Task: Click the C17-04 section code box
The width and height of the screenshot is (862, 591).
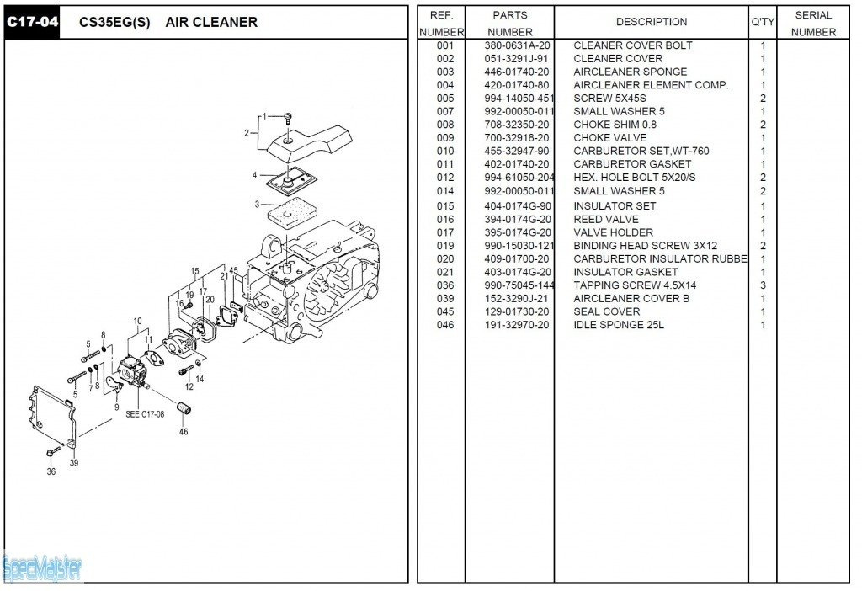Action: (x=33, y=22)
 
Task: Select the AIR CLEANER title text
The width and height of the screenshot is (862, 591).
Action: (x=211, y=22)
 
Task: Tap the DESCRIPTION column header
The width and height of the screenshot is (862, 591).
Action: (x=651, y=22)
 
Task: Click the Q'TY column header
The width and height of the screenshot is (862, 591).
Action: (x=763, y=22)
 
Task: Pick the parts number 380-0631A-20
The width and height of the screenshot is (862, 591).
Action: (x=517, y=45)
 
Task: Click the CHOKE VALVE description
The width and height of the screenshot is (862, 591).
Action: (x=609, y=138)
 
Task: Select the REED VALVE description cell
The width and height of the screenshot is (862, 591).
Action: (x=605, y=220)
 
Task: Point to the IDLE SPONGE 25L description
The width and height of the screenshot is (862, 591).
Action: (x=618, y=325)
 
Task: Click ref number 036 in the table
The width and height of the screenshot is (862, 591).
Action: (x=445, y=285)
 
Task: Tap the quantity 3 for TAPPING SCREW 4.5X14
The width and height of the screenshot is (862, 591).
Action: (x=763, y=285)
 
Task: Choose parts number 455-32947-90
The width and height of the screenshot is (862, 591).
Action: (x=517, y=152)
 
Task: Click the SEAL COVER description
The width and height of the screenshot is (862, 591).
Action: (x=606, y=311)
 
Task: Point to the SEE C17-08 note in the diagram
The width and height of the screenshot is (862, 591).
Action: (x=145, y=414)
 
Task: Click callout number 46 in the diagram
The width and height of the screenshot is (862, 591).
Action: (x=184, y=432)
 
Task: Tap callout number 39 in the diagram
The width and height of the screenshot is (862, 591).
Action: (x=74, y=463)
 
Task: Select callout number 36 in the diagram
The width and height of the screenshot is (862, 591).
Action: (x=51, y=471)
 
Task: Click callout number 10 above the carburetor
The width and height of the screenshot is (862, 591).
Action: (x=137, y=321)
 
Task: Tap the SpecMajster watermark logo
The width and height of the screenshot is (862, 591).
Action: (x=42, y=569)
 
